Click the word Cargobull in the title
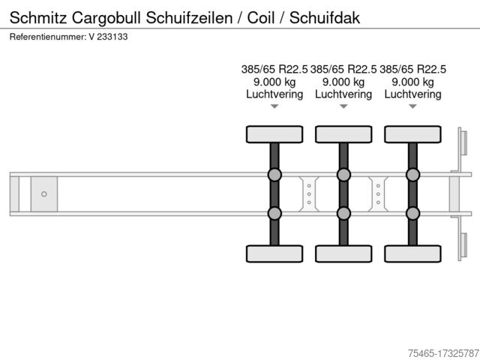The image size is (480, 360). [x=106, y=18]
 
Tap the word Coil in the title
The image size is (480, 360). [x=261, y=17]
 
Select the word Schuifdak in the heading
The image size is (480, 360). [x=325, y=17]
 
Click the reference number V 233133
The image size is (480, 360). [x=108, y=37]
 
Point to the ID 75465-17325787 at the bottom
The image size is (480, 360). [x=443, y=353]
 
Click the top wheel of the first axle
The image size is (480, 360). [x=274, y=134]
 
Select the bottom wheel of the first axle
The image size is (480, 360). [x=274, y=253]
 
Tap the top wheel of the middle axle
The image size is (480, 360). [x=343, y=134]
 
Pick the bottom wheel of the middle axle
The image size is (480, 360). [x=343, y=253]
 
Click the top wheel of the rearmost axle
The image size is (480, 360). [x=413, y=134]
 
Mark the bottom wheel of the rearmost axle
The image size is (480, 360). [x=413, y=253]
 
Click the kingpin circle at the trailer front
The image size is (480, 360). [x=44, y=194]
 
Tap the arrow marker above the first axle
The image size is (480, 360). [x=274, y=106]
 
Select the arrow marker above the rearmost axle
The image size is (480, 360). [x=413, y=106]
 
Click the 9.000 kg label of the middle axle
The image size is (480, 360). [x=343, y=82]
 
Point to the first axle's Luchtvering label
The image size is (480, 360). [x=274, y=94]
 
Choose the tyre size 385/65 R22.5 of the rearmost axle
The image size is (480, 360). [x=413, y=69]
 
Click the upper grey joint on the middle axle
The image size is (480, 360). [x=343, y=175]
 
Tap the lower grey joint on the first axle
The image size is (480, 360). [x=274, y=213]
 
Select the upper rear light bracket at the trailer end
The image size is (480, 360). [x=463, y=142]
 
